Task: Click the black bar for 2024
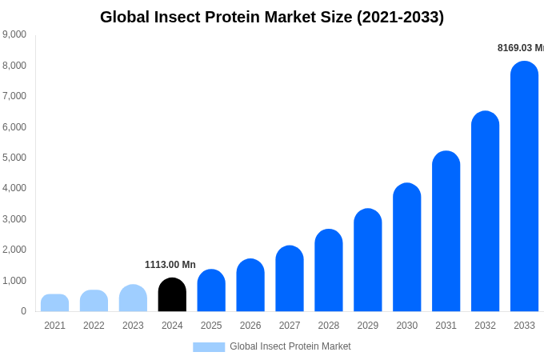click(x=172, y=295)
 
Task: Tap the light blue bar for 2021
click(x=54, y=303)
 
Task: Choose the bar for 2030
click(x=407, y=247)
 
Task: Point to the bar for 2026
click(x=250, y=286)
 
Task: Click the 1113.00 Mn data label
click(x=170, y=265)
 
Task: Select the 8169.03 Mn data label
click(x=520, y=48)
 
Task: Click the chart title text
click(x=272, y=17)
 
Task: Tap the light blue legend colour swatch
click(x=209, y=347)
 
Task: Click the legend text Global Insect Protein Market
click(x=290, y=346)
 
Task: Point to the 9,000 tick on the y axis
click(x=14, y=34)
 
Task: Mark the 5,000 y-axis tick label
click(x=14, y=158)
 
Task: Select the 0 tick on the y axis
click(x=23, y=311)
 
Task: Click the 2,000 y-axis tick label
click(x=14, y=250)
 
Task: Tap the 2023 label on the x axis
click(x=133, y=326)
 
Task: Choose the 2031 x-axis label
click(x=446, y=326)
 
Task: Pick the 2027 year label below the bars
click(x=290, y=326)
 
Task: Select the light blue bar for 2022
click(x=94, y=301)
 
